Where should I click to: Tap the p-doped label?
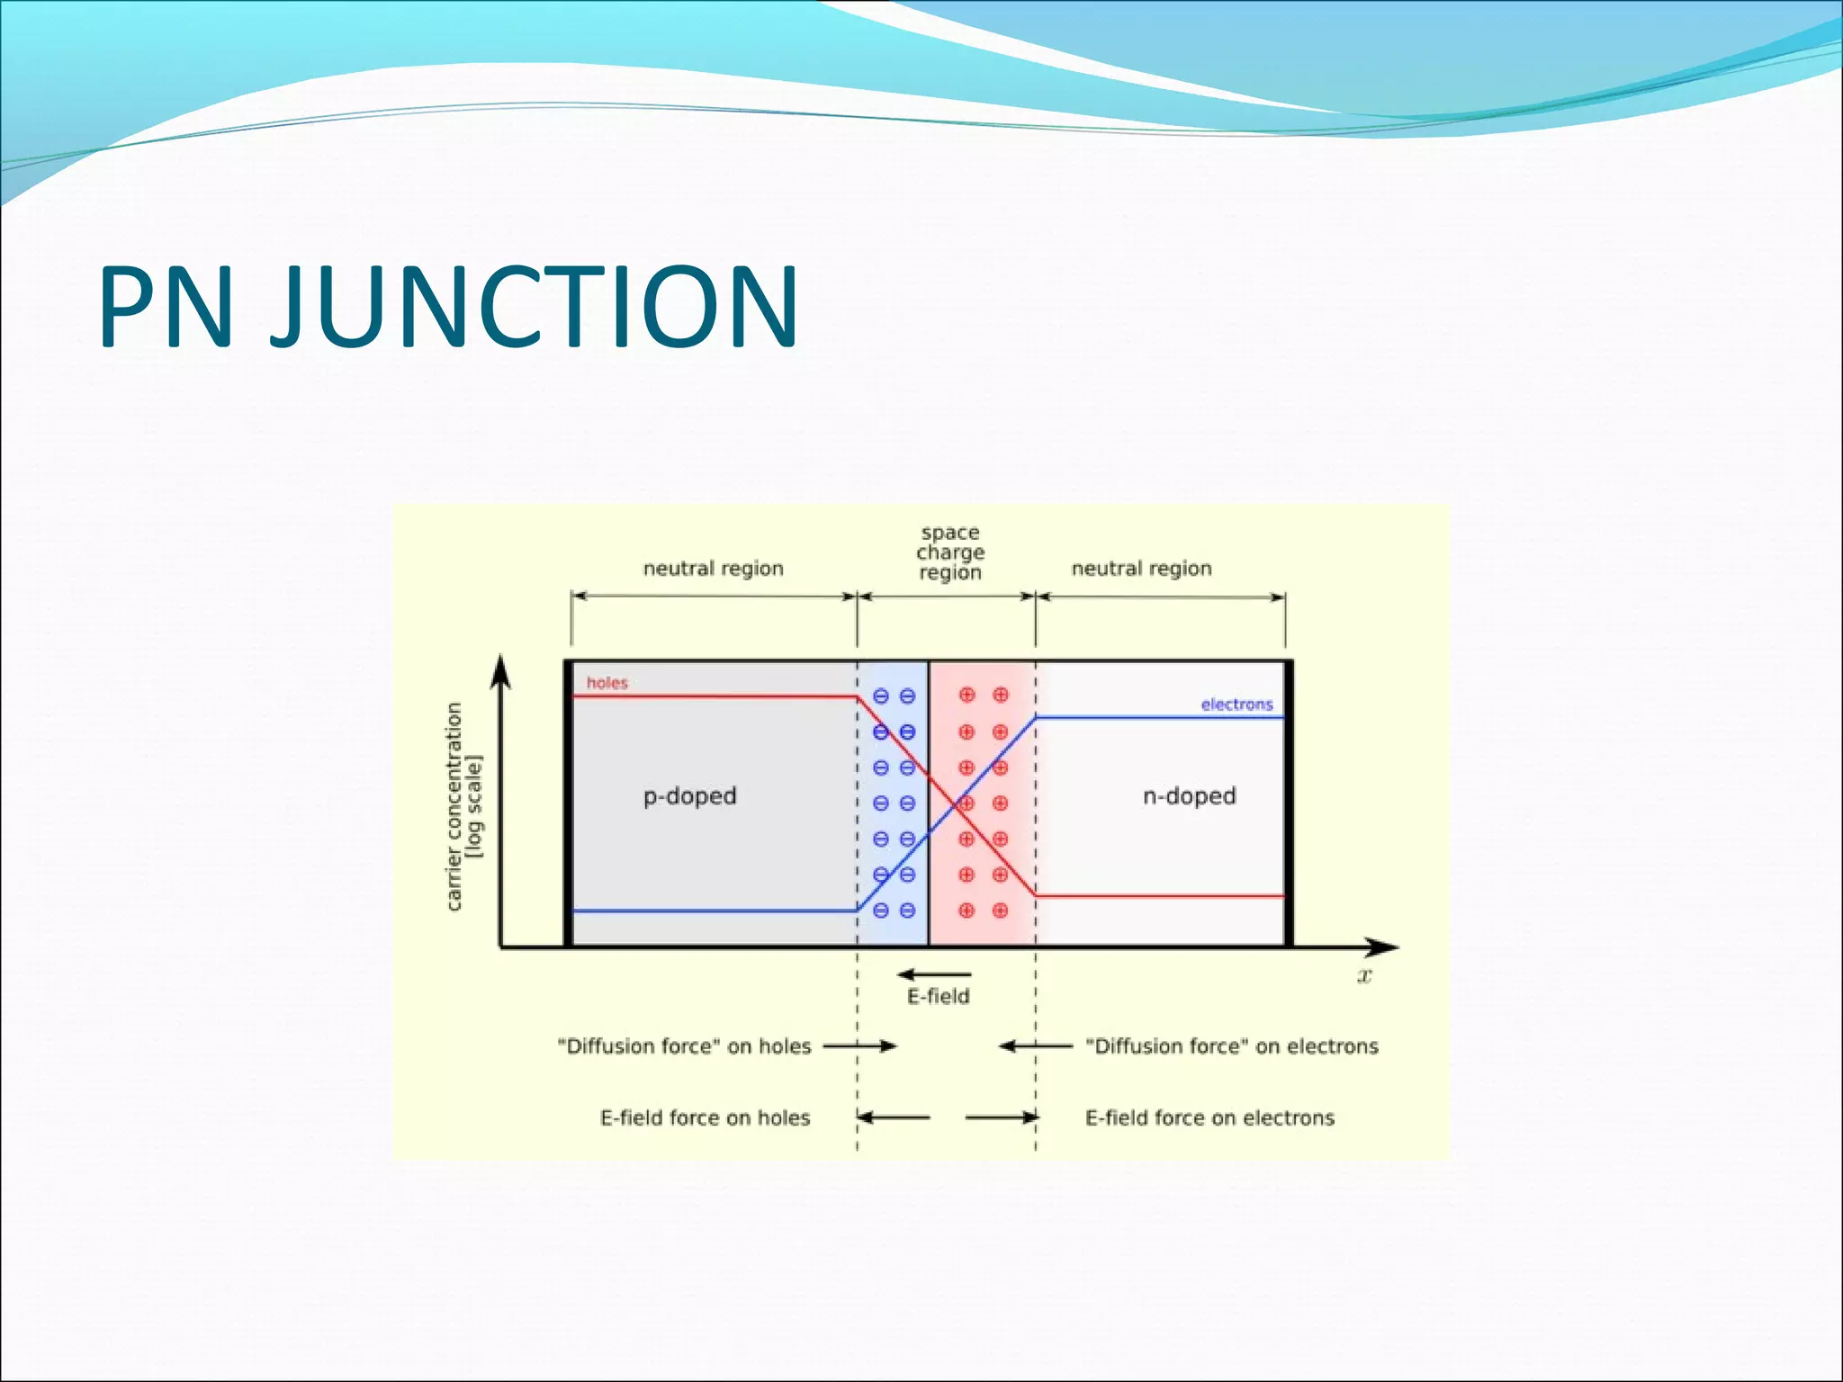pos(689,796)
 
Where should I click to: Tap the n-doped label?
pos(1189,796)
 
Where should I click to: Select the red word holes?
pos(607,683)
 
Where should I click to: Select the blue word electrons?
pos(1236,704)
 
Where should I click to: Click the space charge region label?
pos(950,552)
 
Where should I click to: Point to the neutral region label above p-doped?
pos(713,569)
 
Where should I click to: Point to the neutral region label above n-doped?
pos(1141,569)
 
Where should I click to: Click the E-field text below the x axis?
pos(938,997)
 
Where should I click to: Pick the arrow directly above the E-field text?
pos(934,974)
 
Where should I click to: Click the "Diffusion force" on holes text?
pos(684,1046)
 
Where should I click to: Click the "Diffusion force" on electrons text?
pos(1232,1046)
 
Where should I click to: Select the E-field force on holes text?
pos(705,1118)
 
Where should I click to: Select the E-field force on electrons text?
pos(1209,1118)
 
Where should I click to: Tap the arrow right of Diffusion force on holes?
pos(860,1045)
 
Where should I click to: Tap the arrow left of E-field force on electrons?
pos(1002,1117)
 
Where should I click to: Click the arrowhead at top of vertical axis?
pos(501,671)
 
